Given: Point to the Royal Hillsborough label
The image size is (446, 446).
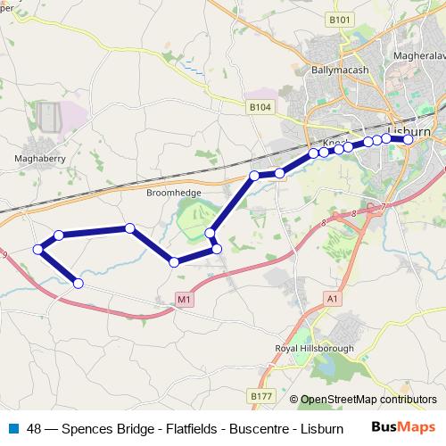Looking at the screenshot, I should (316, 348).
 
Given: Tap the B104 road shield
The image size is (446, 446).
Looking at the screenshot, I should (260, 106).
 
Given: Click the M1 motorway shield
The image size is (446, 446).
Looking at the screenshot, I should (184, 300).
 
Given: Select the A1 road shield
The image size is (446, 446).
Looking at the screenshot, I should (333, 299).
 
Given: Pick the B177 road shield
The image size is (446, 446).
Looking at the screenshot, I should (261, 395).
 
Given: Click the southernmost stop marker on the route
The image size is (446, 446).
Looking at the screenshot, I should (78, 284).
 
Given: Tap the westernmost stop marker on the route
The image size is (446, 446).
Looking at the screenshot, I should (38, 249).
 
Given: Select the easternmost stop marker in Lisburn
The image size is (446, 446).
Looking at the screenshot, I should (409, 139).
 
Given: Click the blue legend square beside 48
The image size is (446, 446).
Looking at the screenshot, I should (13, 428).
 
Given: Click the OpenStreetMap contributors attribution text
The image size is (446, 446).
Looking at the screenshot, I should (368, 400).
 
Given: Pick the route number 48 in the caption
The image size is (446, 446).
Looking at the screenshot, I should (34, 429).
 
